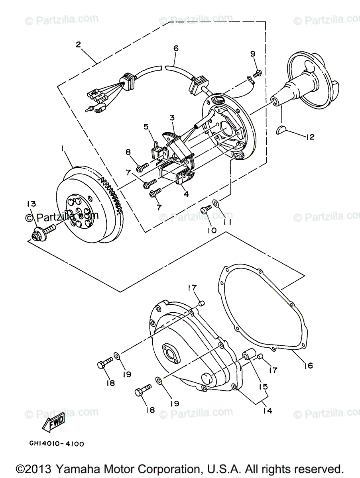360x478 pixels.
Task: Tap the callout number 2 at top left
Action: [x=79, y=45]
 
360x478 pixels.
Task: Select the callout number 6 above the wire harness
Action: [x=175, y=48]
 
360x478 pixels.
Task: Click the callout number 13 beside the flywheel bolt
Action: [x=31, y=204]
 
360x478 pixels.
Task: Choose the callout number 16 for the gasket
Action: [x=309, y=365]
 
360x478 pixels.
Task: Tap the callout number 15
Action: [x=264, y=386]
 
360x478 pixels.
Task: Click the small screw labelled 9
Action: [x=257, y=72]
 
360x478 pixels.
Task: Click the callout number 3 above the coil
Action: [x=172, y=118]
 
